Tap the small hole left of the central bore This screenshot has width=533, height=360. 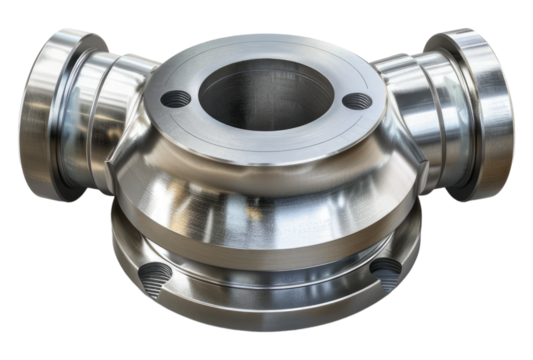(176, 98)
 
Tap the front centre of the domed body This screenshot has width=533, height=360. (265, 195)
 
